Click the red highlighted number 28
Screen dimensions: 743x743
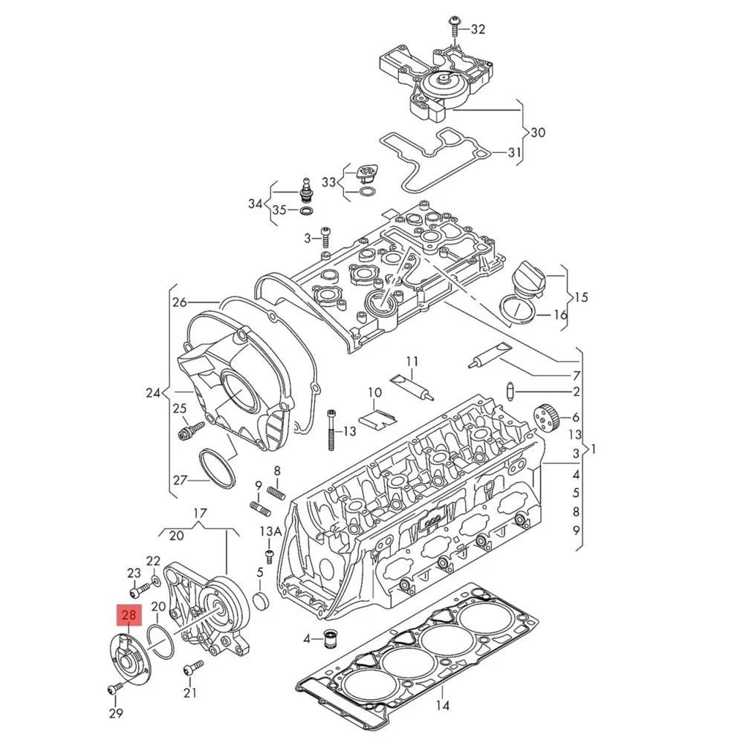129,615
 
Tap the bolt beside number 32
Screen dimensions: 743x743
452,27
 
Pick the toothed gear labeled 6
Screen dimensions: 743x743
545,418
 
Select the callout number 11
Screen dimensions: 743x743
412,362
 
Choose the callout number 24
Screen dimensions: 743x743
153,392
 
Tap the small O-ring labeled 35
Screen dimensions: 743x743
305,211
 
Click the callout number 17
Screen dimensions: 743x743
200,513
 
